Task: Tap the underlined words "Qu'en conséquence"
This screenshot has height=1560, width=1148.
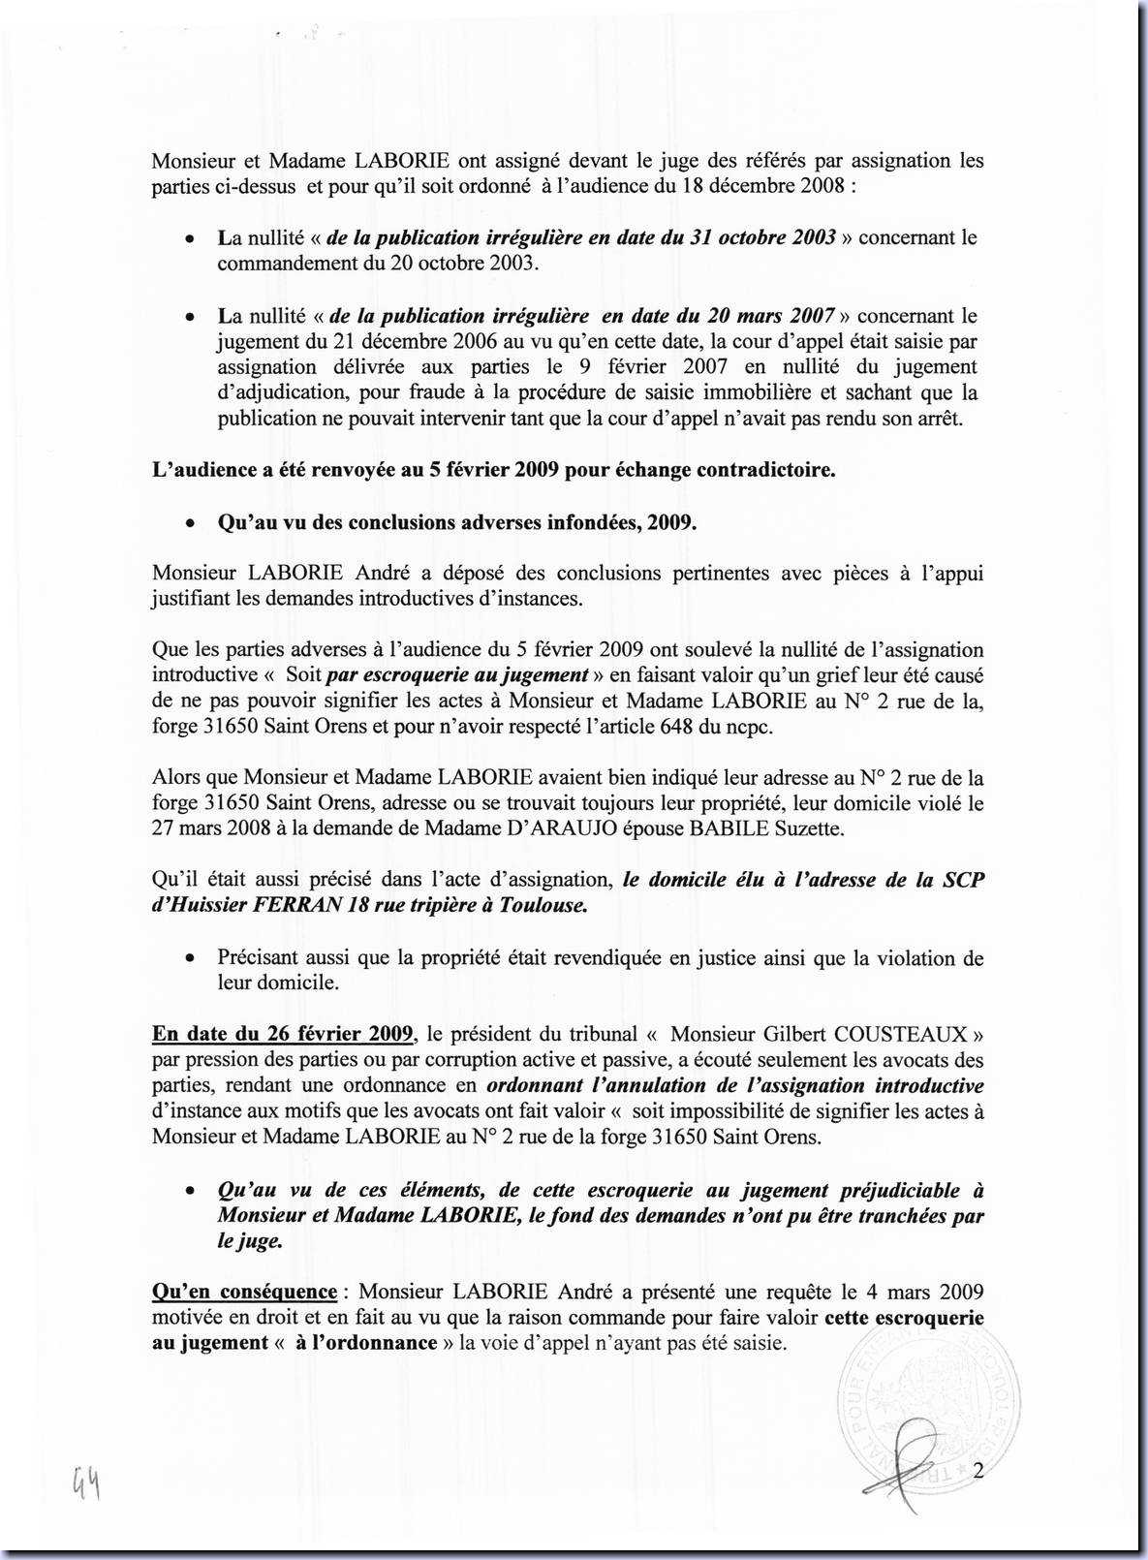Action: tap(244, 1292)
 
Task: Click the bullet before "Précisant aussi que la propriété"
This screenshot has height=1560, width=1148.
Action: tap(193, 959)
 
